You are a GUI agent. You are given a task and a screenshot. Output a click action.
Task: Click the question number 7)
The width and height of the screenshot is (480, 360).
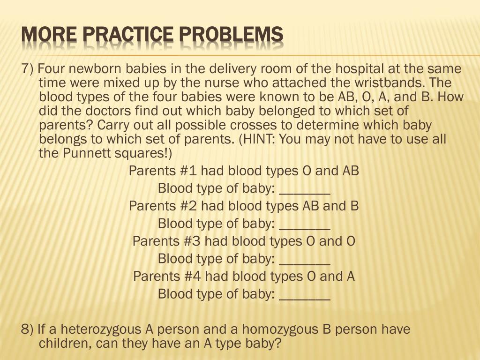(28, 69)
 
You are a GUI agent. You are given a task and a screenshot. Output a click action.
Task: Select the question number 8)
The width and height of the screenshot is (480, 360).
(28, 330)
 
